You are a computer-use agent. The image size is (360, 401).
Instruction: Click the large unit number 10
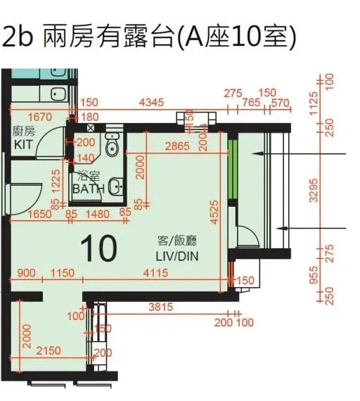(98, 248)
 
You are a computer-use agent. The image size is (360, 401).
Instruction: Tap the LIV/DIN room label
(176, 250)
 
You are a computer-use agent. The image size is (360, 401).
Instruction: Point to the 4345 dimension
(151, 103)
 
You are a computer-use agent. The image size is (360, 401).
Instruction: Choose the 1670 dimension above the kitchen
(40, 116)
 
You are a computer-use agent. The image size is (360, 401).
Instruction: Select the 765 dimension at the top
(250, 103)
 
